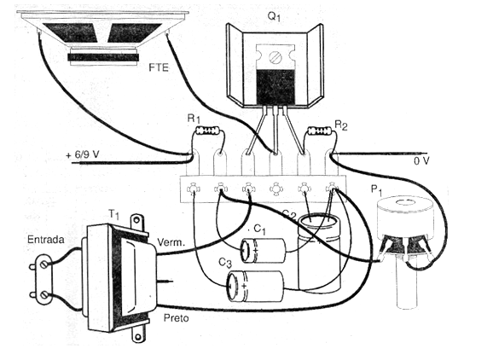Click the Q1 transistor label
pyautogui.click(x=274, y=15)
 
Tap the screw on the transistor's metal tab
pyautogui.click(x=275, y=56)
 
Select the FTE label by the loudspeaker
pyautogui.click(x=159, y=67)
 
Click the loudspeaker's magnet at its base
pyautogui.click(x=103, y=56)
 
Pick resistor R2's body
pyautogui.click(x=319, y=131)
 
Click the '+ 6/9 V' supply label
pyautogui.click(x=83, y=154)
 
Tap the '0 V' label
pyautogui.click(x=421, y=161)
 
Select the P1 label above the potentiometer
pyautogui.click(x=377, y=190)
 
